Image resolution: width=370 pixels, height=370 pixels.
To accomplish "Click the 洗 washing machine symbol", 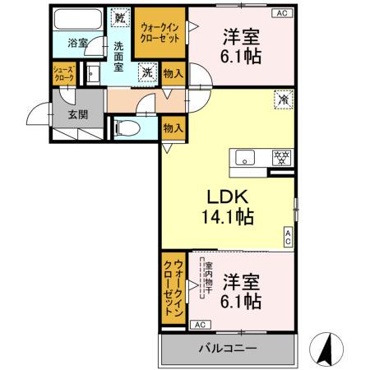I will pos(146,73).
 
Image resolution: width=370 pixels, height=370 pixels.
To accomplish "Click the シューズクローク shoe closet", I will pos(64,73).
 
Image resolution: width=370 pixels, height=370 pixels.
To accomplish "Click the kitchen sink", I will pos(247,157).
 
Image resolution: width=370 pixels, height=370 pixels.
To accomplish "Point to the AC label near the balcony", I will pos(201,325).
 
